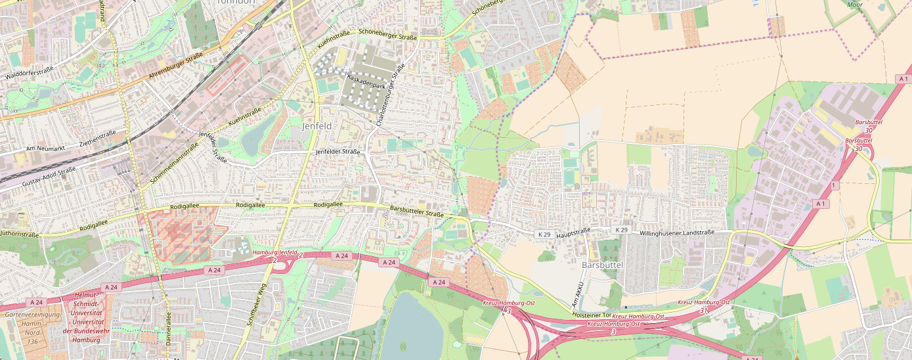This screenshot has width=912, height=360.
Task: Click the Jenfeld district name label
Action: pos(316,125)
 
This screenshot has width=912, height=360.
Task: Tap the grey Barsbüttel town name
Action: pos(601,265)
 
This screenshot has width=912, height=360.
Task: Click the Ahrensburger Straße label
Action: pos(175,67)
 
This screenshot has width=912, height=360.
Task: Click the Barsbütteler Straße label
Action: pos(417,212)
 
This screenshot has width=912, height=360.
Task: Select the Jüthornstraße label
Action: pos(19,233)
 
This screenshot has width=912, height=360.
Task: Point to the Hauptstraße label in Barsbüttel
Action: pos(573,232)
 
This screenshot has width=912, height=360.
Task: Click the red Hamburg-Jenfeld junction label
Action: pos(275,252)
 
